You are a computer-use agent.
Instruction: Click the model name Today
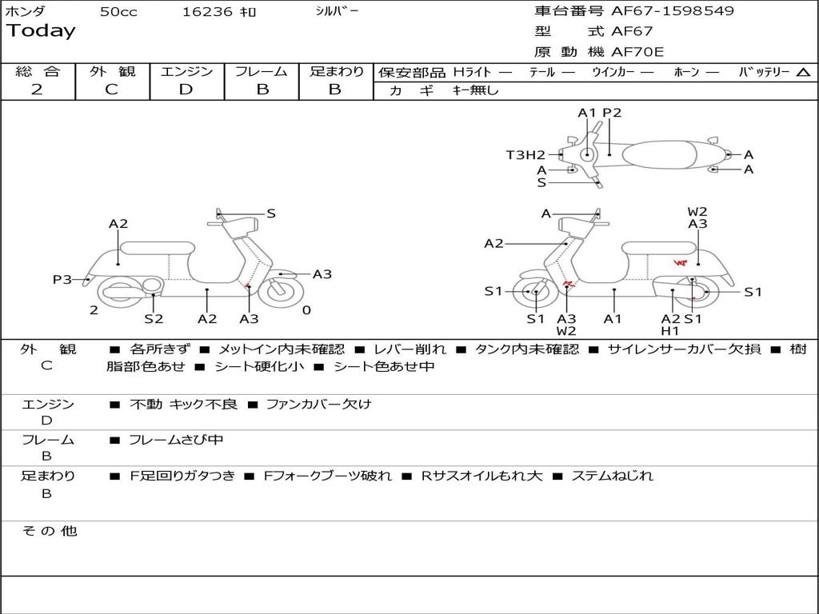pyautogui.click(x=41, y=31)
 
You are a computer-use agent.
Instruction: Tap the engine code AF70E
pyautogui.click(x=637, y=52)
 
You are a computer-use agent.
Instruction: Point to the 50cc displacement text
pyautogui.click(x=118, y=12)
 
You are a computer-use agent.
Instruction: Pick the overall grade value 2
pyautogui.click(x=37, y=90)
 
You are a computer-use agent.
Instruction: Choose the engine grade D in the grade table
pyautogui.click(x=186, y=90)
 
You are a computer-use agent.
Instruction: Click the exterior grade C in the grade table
pyautogui.click(x=111, y=90)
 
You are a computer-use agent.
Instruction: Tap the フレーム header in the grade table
pyautogui.click(x=261, y=71)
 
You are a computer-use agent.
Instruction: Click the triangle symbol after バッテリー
pyautogui.click(x=803, y=73)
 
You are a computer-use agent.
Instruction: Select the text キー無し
pyautogui.click(x=475, y=90)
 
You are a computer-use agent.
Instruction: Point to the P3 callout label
pyautogui.click(x=62, y=280)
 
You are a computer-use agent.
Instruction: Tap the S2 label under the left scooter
pyautogui.click(x=154, y=318)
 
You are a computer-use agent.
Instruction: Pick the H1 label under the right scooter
pyautogui.click(x=669, y=330)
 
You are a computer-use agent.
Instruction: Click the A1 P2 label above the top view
pyautogui.click(x=599, y=113)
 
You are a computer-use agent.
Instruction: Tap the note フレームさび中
pyautogui.click(x=176, y=440)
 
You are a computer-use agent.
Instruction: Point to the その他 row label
pyautogui.click(x=49, y=531)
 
